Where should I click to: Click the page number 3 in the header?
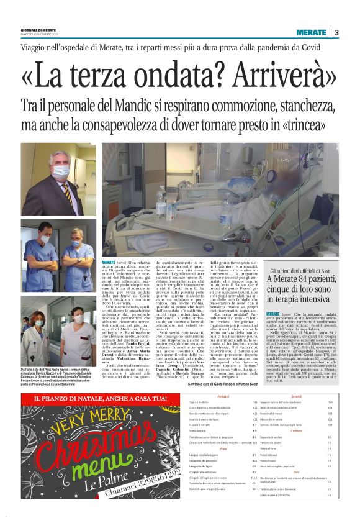(336, 32)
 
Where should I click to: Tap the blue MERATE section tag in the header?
(311, 32)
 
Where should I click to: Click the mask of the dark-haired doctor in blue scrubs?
(45, 239)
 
